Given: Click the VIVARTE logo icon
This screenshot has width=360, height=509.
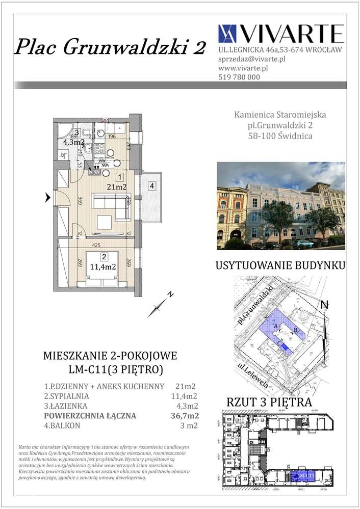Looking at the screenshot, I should click(x=227, y=34).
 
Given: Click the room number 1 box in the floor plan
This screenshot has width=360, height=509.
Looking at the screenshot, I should click(x=119, y=177).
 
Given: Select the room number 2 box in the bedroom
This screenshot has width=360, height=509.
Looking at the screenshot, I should click(x=104, y=257).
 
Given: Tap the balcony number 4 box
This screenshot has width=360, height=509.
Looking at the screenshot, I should click(x=152, y=186).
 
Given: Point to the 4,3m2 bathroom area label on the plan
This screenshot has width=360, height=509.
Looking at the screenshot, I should click(x=73, y=143).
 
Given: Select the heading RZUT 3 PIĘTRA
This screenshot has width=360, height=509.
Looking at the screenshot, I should click(x=276, y=403).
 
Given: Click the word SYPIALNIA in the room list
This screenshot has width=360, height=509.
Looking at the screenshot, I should click(x=69, y=396).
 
